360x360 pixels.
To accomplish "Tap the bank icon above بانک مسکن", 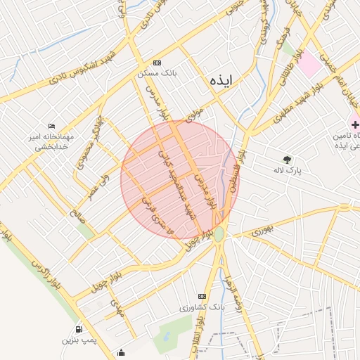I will coord(156,63).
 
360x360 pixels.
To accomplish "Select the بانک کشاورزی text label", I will coord(201,307).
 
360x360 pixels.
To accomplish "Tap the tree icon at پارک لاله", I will coord(287,160).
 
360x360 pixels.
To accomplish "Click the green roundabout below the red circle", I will coord(219,234).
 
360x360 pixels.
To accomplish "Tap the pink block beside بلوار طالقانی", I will coord(310,65).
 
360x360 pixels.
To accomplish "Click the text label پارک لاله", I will coord(288,171).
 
